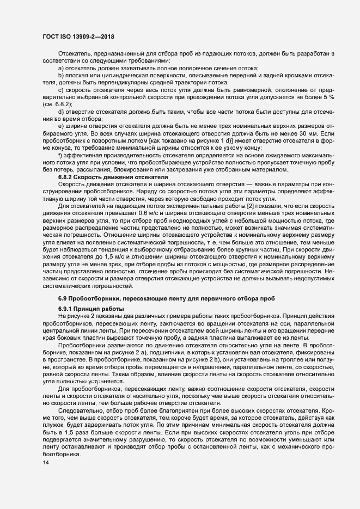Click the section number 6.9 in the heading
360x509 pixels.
(63, 299)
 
